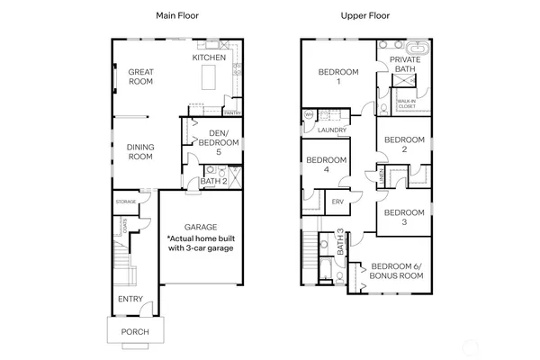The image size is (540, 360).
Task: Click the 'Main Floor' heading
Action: [x=176, y=16]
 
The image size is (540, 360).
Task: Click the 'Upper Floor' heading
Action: [x=364, y=16]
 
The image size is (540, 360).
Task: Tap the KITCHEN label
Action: [x=209, y=58]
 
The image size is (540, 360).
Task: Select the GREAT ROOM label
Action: [x=139, y=76]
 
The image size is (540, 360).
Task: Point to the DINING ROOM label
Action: [x=139, y=151]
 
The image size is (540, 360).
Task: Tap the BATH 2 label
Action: [x=212, y=182]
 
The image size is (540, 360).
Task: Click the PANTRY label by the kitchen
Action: [x=231, y=112]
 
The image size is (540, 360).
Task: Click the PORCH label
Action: [x=135, y=332]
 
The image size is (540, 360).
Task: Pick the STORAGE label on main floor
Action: [x=125, y=202]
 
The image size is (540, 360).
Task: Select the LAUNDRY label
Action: [x=333, y=130]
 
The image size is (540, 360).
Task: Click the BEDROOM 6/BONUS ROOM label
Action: [x=397, y=271]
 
